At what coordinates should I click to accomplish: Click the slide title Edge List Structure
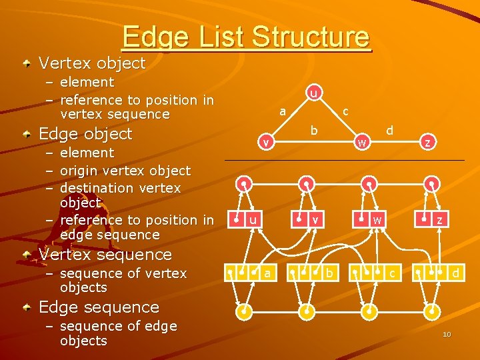point(245,37)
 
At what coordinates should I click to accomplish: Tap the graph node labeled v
point(265,142)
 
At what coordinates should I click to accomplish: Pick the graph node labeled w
point(361,142)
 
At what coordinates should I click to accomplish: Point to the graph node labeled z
point(428,142)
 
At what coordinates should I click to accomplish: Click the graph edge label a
point(283,111)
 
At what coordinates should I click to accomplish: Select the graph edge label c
point(345,112)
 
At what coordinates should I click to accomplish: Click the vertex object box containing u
point(245,219)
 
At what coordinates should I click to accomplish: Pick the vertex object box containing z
point(431,219)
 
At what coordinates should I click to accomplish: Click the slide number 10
point(447,334)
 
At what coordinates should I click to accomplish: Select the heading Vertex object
point(92,63)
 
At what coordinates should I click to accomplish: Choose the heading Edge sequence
point(99,307)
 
